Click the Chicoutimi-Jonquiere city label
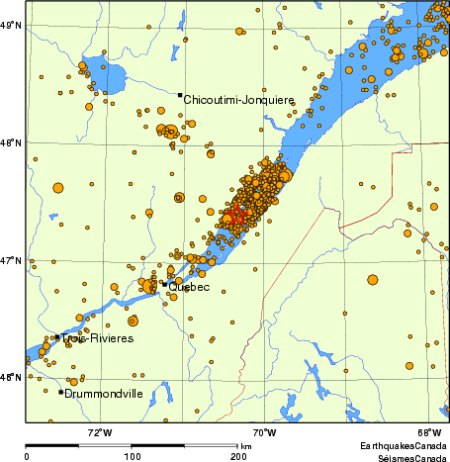pos(233,99)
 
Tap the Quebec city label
pos(189,287)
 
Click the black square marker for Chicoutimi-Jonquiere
pos(179,95)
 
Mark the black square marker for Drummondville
pos(61,392)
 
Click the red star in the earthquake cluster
pos(234,215)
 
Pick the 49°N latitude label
pos(12,26)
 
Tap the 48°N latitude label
pos(12,143)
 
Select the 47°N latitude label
pos(12,261)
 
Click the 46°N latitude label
pos(12,378)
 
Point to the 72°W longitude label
pos(99,432)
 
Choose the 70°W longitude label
pos(264,432)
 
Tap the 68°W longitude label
pos(428,432)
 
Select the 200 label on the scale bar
pos(238,456)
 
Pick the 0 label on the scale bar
pos(27,456)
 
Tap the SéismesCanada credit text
pos(406,456)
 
